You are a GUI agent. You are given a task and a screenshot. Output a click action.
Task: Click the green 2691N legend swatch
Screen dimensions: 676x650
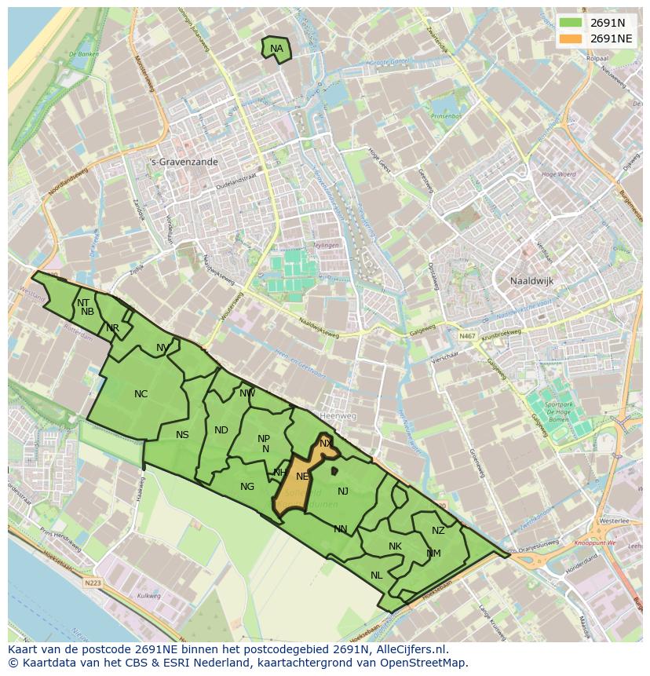click(571, 23)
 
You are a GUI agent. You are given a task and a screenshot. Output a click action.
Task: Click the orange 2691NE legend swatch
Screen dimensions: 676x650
click(571, 38)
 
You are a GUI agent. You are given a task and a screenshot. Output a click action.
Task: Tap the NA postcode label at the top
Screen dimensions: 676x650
click(276, 49)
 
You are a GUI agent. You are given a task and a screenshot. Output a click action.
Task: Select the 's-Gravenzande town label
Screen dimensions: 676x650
click(184, 162)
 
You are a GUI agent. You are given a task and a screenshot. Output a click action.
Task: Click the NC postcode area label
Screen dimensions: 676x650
click(141, 394)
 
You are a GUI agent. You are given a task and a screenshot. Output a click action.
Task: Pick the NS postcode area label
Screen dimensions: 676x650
click(182, 435)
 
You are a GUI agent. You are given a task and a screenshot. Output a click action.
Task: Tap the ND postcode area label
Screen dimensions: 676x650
click(221, 430)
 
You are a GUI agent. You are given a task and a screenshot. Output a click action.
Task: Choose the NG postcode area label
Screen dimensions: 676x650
click(247, 487)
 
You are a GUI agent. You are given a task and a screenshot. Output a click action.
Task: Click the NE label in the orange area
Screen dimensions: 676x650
click(302, 477)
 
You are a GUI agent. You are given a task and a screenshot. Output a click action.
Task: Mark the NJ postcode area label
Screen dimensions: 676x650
click(343, 491)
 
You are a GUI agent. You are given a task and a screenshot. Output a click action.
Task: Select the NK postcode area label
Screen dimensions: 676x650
click(395, 546)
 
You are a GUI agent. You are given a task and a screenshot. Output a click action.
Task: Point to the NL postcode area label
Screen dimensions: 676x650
click(377, 576)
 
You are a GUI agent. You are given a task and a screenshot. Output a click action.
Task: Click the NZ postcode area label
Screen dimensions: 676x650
click(438, 531)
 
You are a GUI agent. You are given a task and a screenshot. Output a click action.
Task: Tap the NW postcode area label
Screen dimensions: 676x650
click(247, 393)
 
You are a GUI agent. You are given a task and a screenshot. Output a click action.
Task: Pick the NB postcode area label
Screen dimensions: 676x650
click(87, 312)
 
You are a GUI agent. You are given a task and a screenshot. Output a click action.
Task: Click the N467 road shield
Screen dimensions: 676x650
click(468, 336)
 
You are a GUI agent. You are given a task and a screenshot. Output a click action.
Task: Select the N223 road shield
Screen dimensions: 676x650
click(93, 583)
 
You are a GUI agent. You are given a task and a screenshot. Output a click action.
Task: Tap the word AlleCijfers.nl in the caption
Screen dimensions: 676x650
click(409, 649)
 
